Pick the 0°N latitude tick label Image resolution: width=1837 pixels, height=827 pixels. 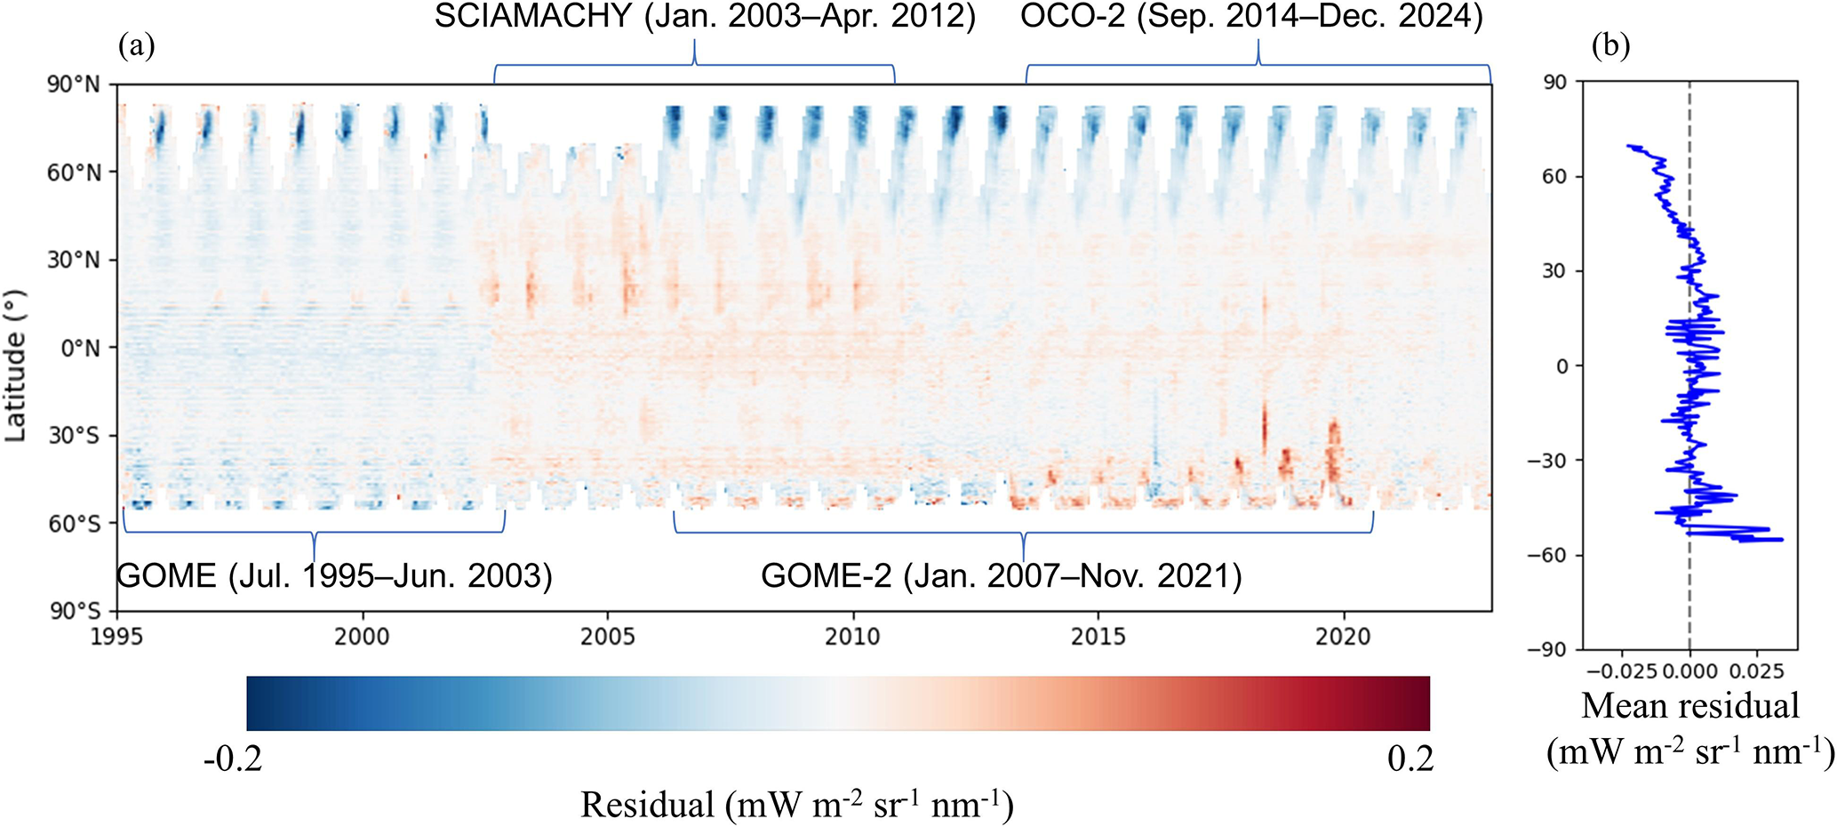tap(80, 348)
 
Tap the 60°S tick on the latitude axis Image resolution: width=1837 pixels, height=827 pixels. tap(75, 523)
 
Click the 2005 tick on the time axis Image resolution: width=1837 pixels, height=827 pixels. tap(608, 637)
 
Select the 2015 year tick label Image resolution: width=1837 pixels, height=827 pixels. tap(1098, 637)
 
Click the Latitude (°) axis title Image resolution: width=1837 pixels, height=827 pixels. tap(15, 365)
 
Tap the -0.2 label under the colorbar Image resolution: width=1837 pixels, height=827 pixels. tap(233, 759)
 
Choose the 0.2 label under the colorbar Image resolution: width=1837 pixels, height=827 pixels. tap(1410, 759)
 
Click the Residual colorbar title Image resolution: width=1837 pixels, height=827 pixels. tap(797, 805)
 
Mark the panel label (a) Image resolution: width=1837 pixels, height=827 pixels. tap(136, 46)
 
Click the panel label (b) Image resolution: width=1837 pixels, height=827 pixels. tap(1610, 46)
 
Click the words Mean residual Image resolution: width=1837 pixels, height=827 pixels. tap(1690, 706)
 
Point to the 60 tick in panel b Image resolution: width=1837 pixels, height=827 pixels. tap(1554, 177)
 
